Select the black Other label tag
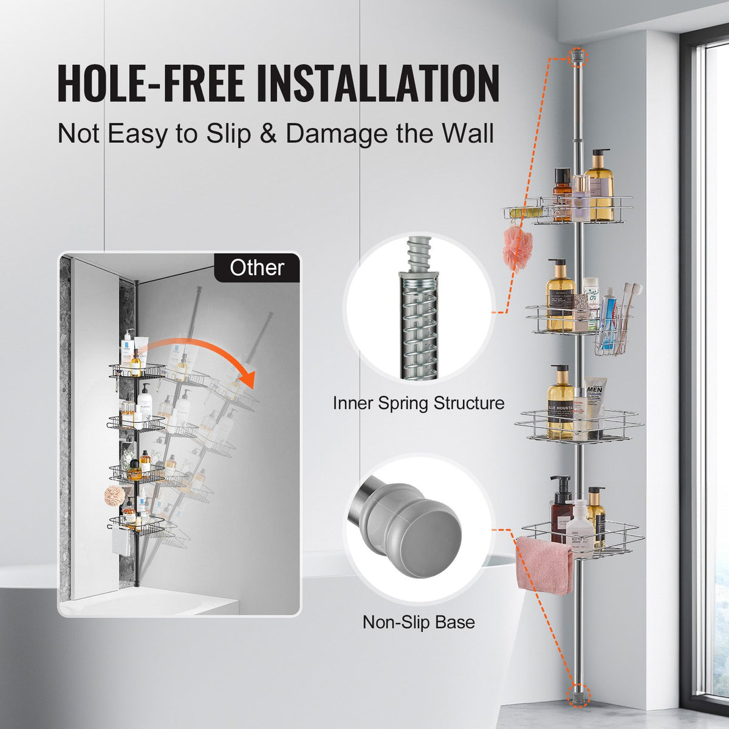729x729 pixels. coord(257,268)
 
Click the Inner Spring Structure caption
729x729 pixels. coord(418,403)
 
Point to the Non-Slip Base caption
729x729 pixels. coord(419,622)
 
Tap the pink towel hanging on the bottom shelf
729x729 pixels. coord(544,564)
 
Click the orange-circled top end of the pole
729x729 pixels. coord(578,57)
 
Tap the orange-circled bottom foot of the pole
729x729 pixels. coord(578,692)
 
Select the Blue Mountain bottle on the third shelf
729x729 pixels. coord(560,405)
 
